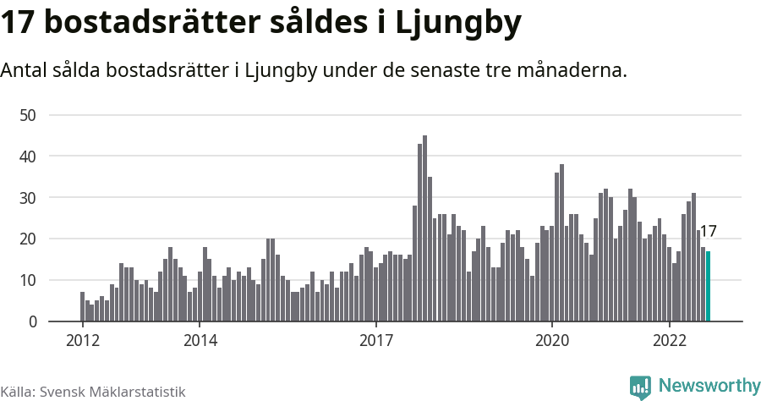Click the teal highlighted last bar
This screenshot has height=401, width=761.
pyautogui.click(x=709, y=287)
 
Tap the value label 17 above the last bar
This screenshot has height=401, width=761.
pyautogui.click(x=709, y=231)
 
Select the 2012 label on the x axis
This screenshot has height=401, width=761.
pyautogui.click(x=82, y=341)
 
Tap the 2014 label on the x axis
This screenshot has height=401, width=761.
pyautogui.click(x=200, y=341)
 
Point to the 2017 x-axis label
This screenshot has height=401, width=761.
pyautogui.click(x=375, y=341)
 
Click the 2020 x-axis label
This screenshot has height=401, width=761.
pyautogui.click(x=551, y=341)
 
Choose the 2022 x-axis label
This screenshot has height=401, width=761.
pyautogui.click(x=669, y=341)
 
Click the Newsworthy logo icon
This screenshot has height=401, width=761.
pyautogui.click(x=640, y=387)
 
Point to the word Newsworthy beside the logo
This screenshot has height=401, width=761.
pyautogui.click(x=709, y=386)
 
